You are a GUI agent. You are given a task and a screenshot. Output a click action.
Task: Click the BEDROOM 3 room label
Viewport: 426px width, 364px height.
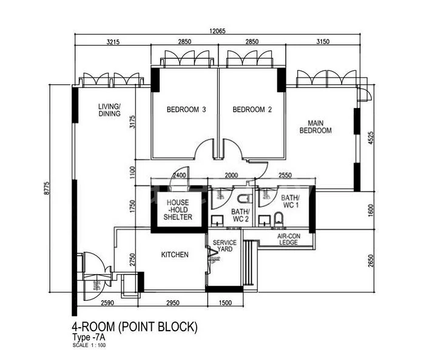click(x=186, y=110)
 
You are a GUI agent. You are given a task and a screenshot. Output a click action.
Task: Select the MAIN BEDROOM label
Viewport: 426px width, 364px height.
click(x=315, y=126)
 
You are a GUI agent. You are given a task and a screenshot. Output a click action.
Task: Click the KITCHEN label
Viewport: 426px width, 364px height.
click(x=174, y=255)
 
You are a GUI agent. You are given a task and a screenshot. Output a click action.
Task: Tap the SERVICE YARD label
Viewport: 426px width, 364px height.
click(x=224, y=246)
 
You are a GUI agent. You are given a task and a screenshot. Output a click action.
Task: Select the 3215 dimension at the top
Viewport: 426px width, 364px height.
click(x=113, y=42)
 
